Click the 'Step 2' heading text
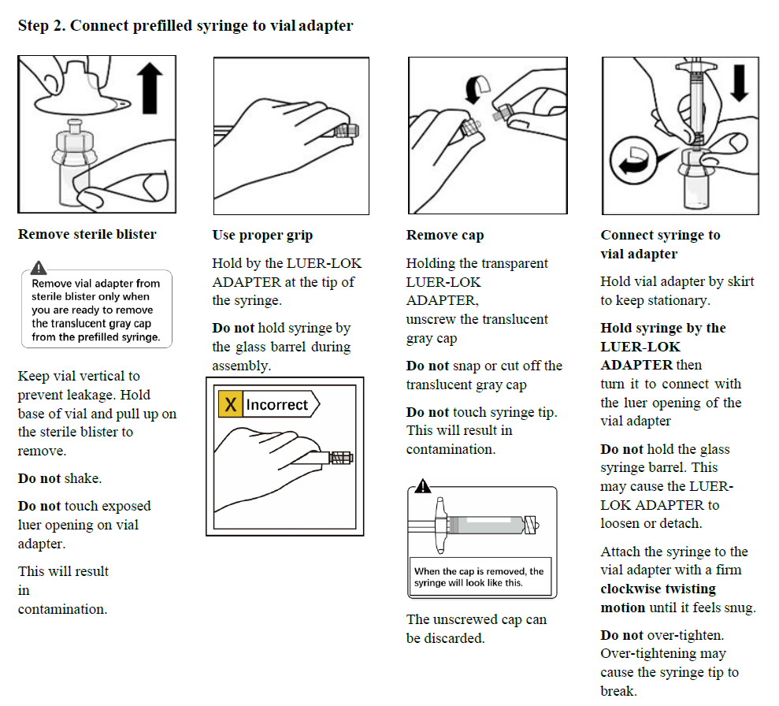[x=185, y=25]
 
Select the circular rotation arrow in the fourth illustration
[x=632, y=162]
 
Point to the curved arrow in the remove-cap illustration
[x=477, y=89]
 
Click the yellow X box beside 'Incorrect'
[x=230, y=405]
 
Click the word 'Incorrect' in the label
[x=276, y=405]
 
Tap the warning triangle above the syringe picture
[x=423, y=487]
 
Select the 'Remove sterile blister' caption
[x=87, y=234]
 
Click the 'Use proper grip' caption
[x=262, y=235]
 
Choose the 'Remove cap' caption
[x=445, y=235]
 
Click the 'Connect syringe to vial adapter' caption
[x=660, y=243]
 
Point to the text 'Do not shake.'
[x=60, y=478]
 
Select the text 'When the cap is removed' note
[x=479, y=577]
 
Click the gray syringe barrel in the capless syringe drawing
[x=485, y=524]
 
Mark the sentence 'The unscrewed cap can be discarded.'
[x=476, y=629]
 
